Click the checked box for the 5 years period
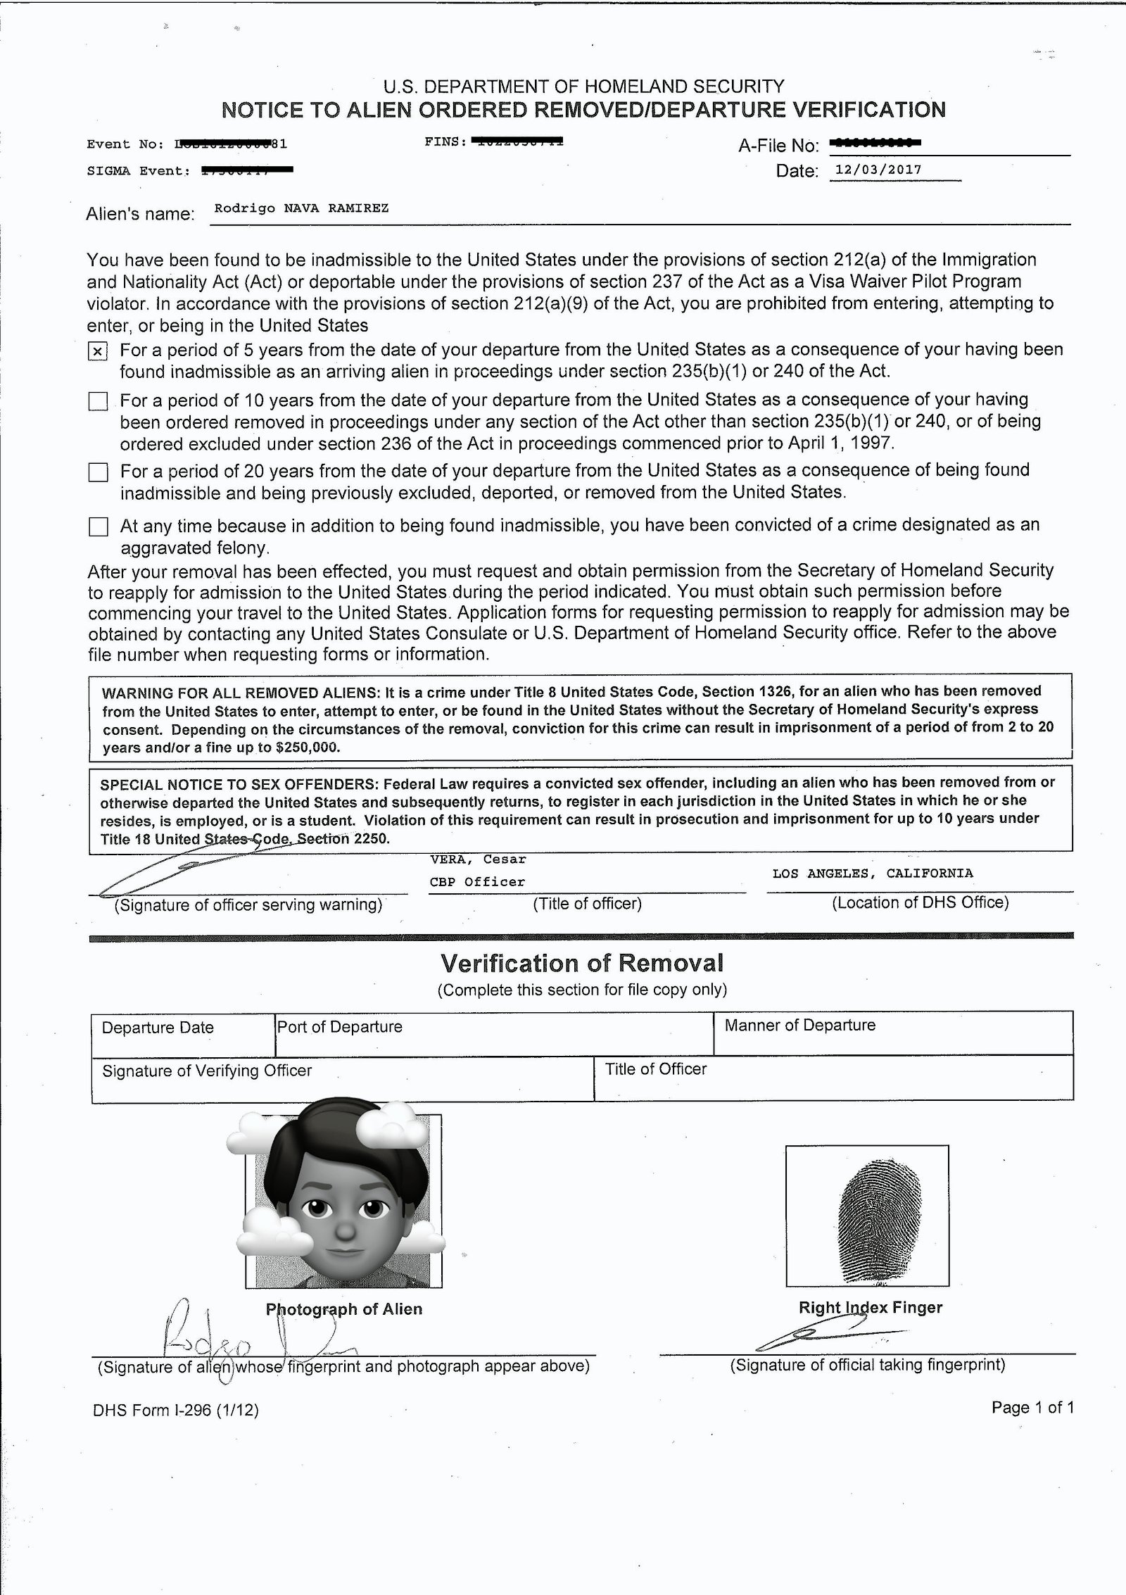(98, 351)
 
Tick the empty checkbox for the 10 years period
(98, 401)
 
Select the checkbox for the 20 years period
(98, 472)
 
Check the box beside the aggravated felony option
(98, 527)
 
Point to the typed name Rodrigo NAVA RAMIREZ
(301, 208)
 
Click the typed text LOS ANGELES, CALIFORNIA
(873, 874)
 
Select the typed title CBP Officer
(477, 882)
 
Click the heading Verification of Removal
(582, 963)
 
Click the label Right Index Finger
(870, 1308)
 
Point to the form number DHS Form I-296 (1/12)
(176, 1411)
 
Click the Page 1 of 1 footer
(1032, 1408)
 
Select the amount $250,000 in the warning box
(308, 748)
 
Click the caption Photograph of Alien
(344, 1309)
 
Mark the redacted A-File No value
(875, 144)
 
